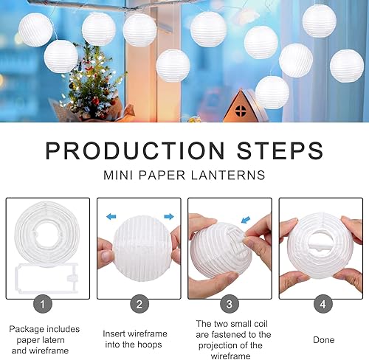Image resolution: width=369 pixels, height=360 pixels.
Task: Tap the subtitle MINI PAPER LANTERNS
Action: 184,176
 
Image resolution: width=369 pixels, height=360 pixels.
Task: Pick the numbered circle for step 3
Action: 230,303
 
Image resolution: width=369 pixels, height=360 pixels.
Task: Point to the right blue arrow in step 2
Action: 168,217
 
